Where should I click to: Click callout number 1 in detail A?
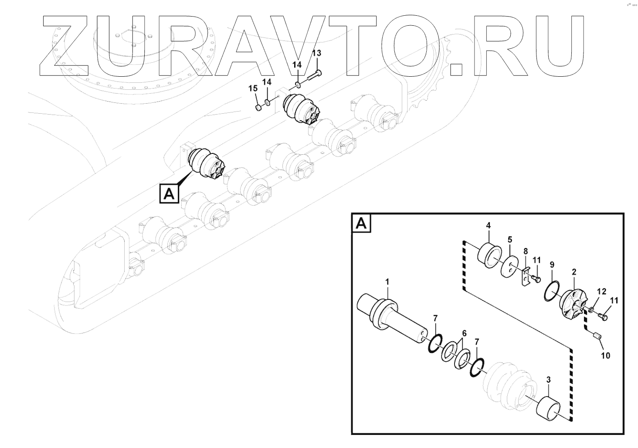pyautogui.click(x=387, y=283)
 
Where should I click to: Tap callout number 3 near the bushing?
pyautogui.click(x=548, y=380)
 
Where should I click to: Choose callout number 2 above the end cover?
pyautogui.click(x=574, y=272)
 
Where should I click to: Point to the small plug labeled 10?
pyautogui.click(x=598, y=336)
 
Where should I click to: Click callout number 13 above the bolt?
pyautogui.click(x=316, y=53)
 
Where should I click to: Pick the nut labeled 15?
pyautogui.click(x=258, y=106)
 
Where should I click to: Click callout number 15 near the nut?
pyautogui.click(x=253, y=88)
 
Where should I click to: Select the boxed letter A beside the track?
pyautogui.click(x=169, y=193)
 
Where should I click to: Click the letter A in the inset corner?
pyautogui.click(x=361, y=223)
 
